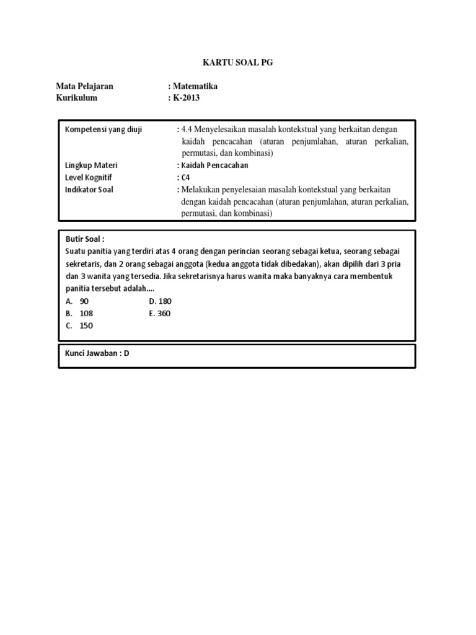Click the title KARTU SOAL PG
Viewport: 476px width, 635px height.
coord(237,63)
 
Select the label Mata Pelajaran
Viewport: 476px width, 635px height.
coord(84,87)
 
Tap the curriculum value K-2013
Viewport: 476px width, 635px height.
coord(186,98)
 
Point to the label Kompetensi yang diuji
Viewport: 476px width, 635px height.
coord(104,130)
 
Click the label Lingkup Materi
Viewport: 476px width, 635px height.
coord(91,166)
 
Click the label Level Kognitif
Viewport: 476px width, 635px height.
coord(89,177)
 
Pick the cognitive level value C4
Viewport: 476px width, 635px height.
coord(185,177)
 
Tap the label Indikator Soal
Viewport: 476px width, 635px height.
coord(89,190)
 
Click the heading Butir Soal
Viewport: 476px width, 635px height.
coord(85,239)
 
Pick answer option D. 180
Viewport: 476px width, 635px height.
coord(160,301)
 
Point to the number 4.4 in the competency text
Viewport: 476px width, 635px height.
coord(187,130)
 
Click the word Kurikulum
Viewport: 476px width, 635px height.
coord(77,98)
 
